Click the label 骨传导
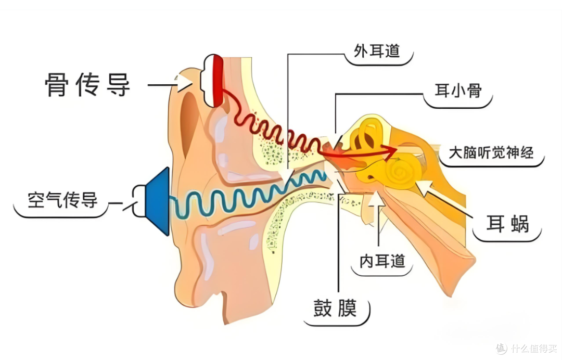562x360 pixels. pyautogui.click(x=88, y=84)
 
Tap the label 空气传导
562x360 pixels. pyautogui.click(x=63, y=200)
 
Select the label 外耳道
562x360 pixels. pyautogui.click(x=377, y=51)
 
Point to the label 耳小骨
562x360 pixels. pyautogui.click(x=458, y=91)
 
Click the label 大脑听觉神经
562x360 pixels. pyautogui.click(x=491, y=152)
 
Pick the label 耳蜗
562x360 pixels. pyautogui.click(x=507, y=224)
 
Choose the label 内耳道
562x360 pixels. pyautogui.click(x=382, y=261)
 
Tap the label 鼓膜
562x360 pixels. pyautogui.click(x=335, y=307)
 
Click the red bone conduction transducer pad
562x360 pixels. pyautogui.click(x=217, y=81)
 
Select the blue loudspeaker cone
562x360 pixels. pyautogui.click(x=158, y=201)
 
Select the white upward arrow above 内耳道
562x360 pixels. pyautogui.click(x=377, y=211)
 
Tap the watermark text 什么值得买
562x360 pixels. pyautogui.click(x=534, y=348)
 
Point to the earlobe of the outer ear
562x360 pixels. pyautogui.click(x=201, y=283)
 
